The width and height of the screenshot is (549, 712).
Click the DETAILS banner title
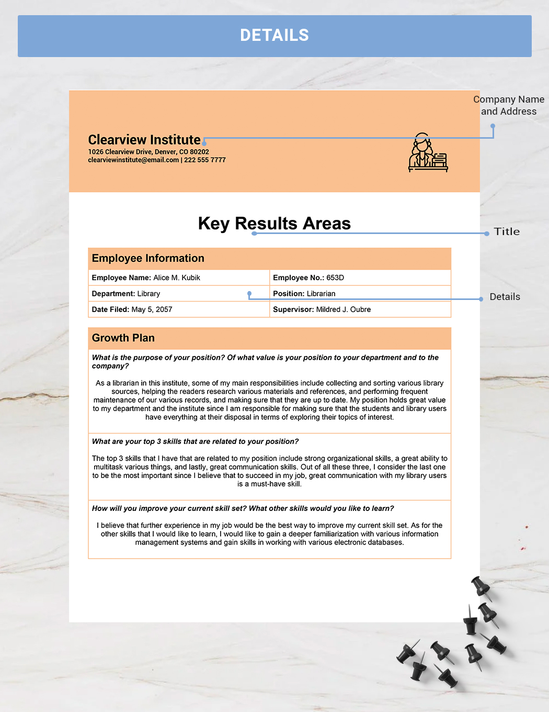tap(274, 36)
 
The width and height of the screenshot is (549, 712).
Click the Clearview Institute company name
tap(144, 140)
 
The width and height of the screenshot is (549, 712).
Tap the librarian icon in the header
tap(428, 153)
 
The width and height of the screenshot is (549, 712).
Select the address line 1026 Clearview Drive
tap(148, 152)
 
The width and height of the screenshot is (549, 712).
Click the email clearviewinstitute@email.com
tap(133, 160)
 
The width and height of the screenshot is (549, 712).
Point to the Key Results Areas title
tap(274, 224)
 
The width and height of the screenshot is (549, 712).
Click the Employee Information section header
tap(148, 258)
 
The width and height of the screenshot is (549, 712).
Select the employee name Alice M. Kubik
tap(177, 277)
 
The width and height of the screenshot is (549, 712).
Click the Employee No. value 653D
tap(335, 277)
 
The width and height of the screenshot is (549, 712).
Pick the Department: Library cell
tap(126, 294)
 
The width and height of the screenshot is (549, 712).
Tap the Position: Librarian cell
tap(304, 294)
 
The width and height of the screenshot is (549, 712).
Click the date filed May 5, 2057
tap(152, 309)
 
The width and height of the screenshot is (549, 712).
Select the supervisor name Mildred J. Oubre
tap(344, 309)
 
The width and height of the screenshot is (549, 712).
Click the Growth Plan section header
tap(123, 338)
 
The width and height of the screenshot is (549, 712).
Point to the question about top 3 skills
tap(196, 441)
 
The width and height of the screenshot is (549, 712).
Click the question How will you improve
tap(243, 508)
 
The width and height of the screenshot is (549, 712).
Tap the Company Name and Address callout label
tap(509, 105)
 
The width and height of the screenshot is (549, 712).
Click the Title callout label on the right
tap(507, 231)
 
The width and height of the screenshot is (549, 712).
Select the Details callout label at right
tap(505, 297)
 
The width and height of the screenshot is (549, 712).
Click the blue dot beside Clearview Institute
tap(204, 142)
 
